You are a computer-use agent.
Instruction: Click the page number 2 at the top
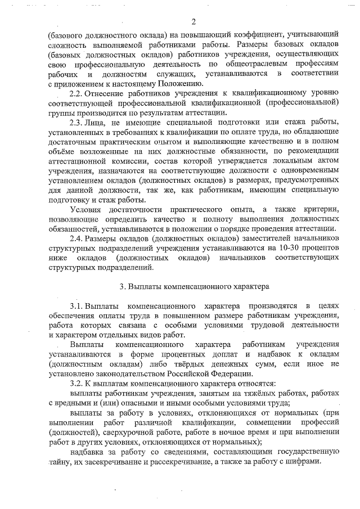pyautogui.click(x=193, y=22)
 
